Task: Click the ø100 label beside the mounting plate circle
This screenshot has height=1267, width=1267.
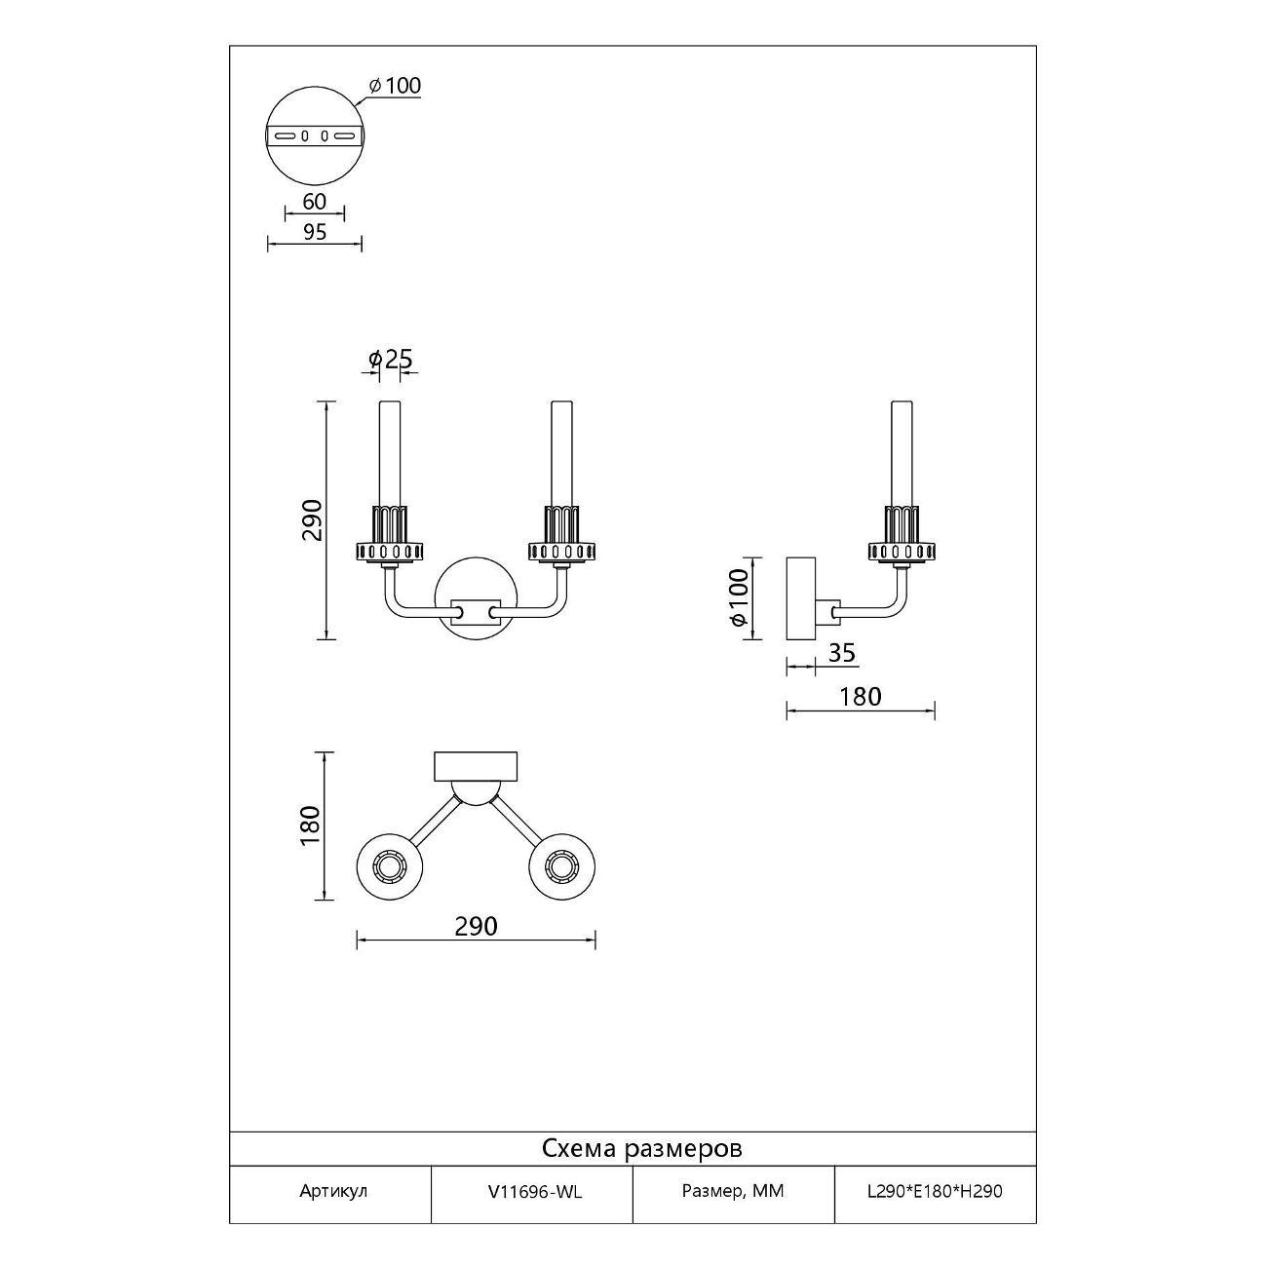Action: pos(395,86)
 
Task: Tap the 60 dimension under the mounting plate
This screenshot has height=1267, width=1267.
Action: pos(314,202)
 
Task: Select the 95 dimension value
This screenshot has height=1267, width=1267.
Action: pos(314,231)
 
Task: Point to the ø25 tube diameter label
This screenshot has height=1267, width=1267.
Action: pos(391,360)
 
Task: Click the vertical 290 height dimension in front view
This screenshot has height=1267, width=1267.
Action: pos(311,520)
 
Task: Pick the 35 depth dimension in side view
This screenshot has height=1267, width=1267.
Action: pos(841,653)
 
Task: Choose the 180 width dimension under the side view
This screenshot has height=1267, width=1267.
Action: pos(860,696)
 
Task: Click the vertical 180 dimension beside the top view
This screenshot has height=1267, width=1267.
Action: pos(310,825)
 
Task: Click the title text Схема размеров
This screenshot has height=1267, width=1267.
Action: pos(642,1148)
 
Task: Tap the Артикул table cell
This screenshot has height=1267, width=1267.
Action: pos(333,1191)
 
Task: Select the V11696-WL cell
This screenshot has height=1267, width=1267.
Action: pos(534,1191)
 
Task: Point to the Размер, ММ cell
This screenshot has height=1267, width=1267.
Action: pos(733,1191)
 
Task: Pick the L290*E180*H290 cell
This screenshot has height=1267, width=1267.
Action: pos(935,1191)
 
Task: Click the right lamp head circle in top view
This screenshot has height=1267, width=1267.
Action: pos(562,864)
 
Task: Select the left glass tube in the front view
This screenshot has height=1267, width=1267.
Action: pos(391,453)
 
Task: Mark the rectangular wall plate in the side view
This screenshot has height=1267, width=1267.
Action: pos(800,597)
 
